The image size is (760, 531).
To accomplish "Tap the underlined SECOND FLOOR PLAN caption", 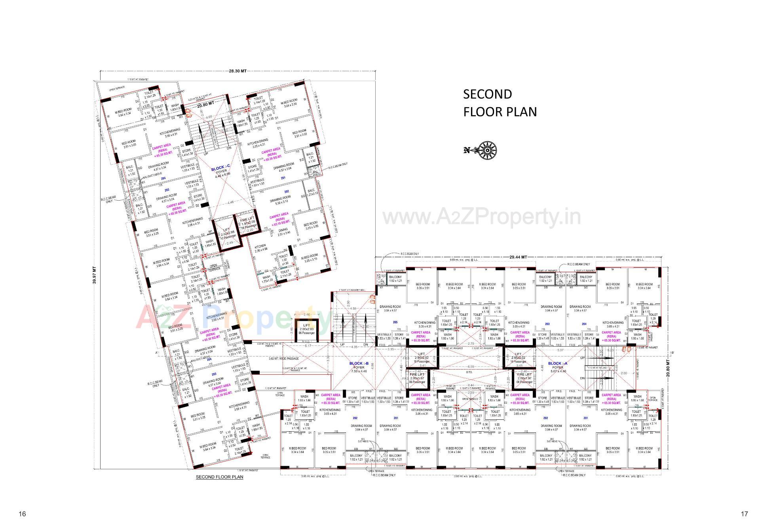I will (x=219, y=477).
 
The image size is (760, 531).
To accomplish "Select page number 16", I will (x=22, y=514).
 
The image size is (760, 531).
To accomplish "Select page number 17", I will (x=744, y=514).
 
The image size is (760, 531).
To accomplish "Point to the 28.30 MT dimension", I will (x=237, y=71).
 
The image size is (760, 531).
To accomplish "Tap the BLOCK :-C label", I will (x=220, y=169).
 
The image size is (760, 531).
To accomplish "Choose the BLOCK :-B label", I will (x=359, y=363).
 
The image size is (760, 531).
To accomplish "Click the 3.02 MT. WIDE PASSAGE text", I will (x=284, y=358).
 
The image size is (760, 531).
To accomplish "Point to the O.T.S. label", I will (x=469, y=372).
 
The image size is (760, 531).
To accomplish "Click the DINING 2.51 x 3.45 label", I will (x=283, y=231).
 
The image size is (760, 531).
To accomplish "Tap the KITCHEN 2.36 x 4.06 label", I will (x=261, y=247).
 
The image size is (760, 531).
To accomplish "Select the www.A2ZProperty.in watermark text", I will (x=482, y=217).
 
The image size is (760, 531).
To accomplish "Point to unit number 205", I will (x=395, y=322).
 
